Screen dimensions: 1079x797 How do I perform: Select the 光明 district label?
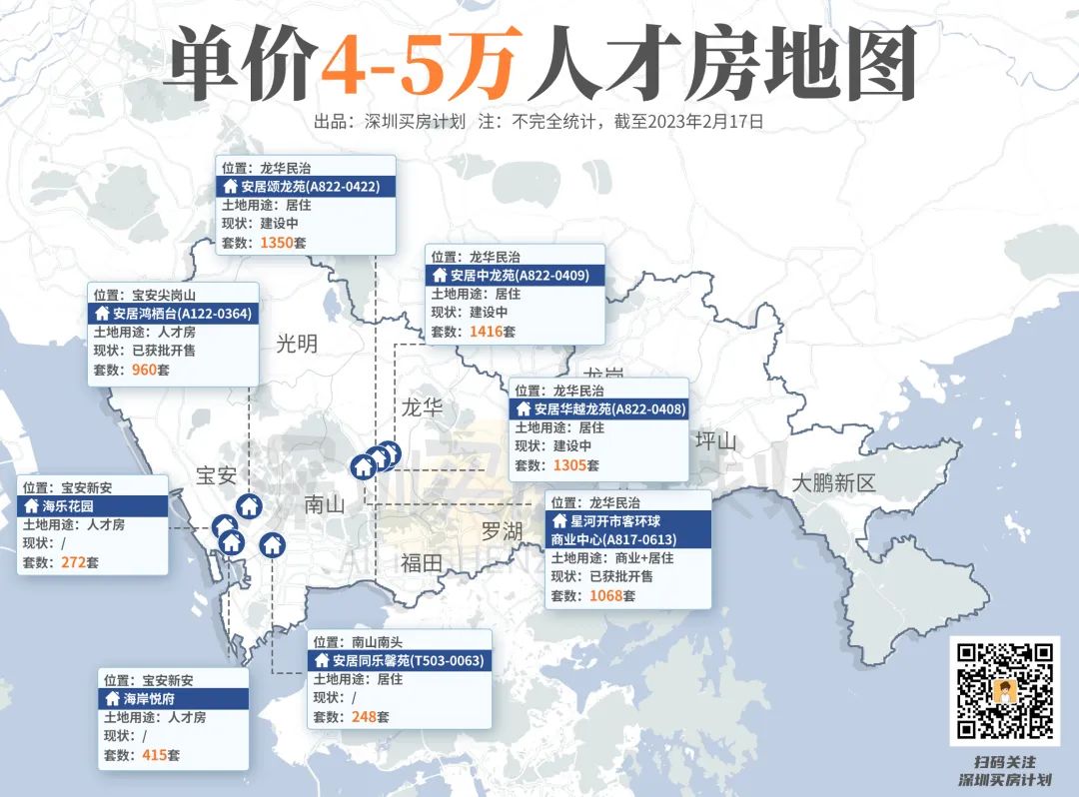click(297, 345)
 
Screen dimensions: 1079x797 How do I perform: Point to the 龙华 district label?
click(423, 407)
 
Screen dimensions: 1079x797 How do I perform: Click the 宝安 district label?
click(216, 475)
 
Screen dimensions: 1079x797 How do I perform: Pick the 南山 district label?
click(324, 504)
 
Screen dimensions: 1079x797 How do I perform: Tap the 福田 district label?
click(421, 562)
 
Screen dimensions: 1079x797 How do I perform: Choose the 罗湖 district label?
click(502, 531)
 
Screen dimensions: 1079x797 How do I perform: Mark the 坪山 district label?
click(715, 441)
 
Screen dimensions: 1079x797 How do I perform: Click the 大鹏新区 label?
click(833, 483)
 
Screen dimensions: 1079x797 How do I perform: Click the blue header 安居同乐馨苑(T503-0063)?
click(399, 661)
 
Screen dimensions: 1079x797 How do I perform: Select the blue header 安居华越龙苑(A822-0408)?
click(598, 408)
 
